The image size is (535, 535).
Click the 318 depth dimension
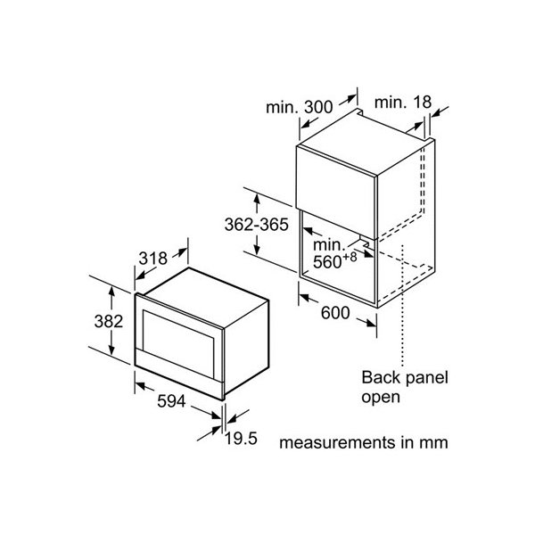(152, 259)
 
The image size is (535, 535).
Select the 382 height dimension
(109, 321)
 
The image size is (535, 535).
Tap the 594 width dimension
(171, 401)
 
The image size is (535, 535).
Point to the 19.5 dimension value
(241, 439)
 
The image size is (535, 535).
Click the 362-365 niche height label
(257, 225)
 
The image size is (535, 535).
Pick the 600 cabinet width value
(335, 313)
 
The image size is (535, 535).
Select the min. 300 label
(299, 107)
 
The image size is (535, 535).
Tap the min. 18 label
(403, 102)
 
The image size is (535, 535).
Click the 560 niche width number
(327, 262)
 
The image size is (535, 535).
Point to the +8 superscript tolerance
(350, 257)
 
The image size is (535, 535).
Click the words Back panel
(405, 378)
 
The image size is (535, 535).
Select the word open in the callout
(381, 398)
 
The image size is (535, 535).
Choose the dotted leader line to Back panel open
(403, 305)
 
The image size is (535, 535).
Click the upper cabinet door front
(336, 192)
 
